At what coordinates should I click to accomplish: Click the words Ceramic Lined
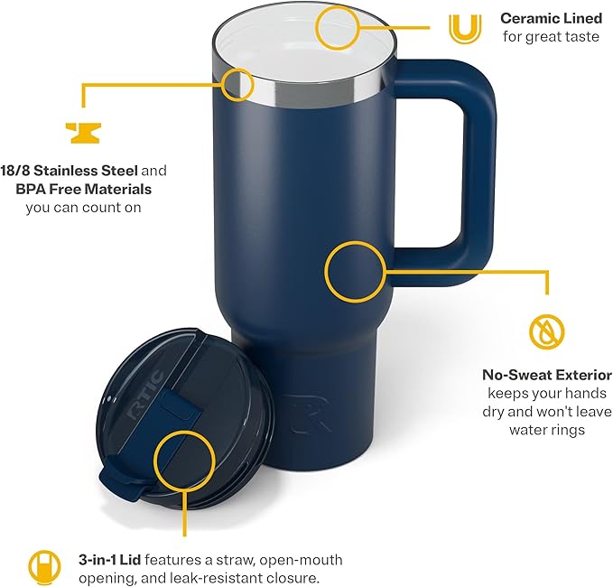pos(551,18)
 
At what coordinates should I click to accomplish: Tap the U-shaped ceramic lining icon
pos(463,28)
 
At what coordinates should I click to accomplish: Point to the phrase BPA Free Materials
pos(83,190)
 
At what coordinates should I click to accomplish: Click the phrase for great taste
pos(551,36)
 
